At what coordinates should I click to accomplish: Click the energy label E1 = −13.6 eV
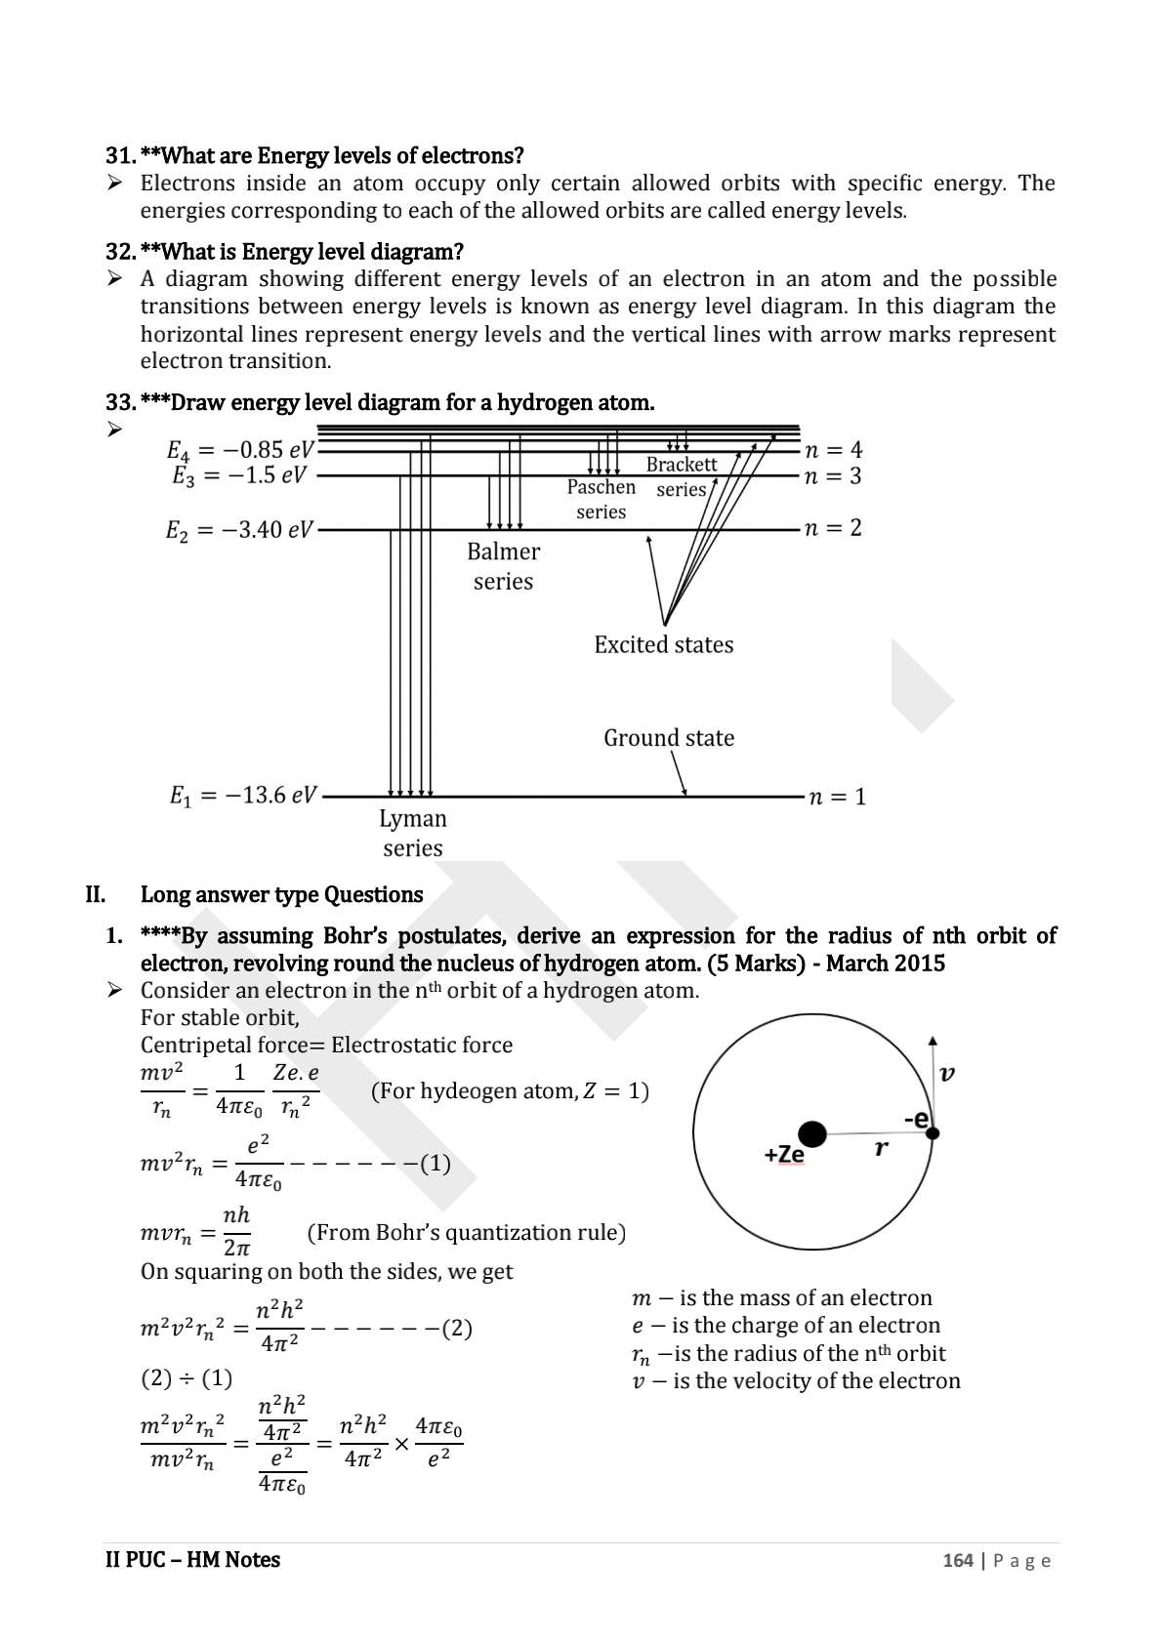click(243, 796)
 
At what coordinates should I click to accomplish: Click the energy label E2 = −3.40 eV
click(239, 530)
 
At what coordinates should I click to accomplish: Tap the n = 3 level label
click(833, 476)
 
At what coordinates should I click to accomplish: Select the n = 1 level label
click(837, 797)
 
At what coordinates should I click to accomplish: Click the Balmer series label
click(503, 566)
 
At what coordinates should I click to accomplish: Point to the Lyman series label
click(413, 833)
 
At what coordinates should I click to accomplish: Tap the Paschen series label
click(602, 499)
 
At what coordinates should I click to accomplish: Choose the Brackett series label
click(682, 476)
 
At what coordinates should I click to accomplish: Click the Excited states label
click(664, 644)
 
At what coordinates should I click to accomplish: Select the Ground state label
click(669, 738)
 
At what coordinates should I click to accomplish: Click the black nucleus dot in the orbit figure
click(812, 1134)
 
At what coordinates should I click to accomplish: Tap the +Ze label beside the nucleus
click(784, 1155)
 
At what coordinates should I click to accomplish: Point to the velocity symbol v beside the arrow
click(946, 1074)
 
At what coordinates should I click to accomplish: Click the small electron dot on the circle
click(933, 1133)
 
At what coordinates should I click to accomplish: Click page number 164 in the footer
click(958, 1560)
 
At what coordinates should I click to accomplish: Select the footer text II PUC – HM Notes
click(192, 1560)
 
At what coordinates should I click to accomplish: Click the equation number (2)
click(458, 1329)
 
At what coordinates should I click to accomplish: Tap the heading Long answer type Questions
click(282, 895)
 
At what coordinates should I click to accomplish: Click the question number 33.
click(120, 402)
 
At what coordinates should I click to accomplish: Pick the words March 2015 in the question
click(886, 964)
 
